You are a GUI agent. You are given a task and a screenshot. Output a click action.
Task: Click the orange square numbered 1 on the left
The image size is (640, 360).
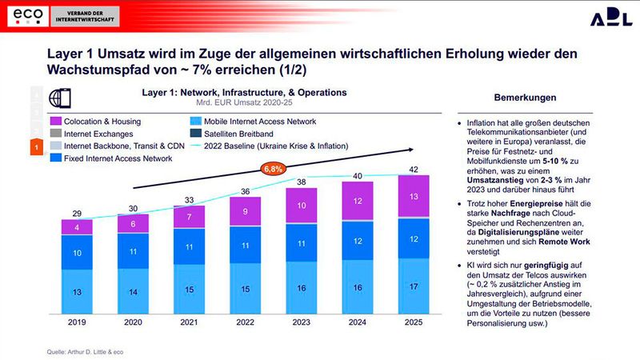[x=35, y=147]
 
